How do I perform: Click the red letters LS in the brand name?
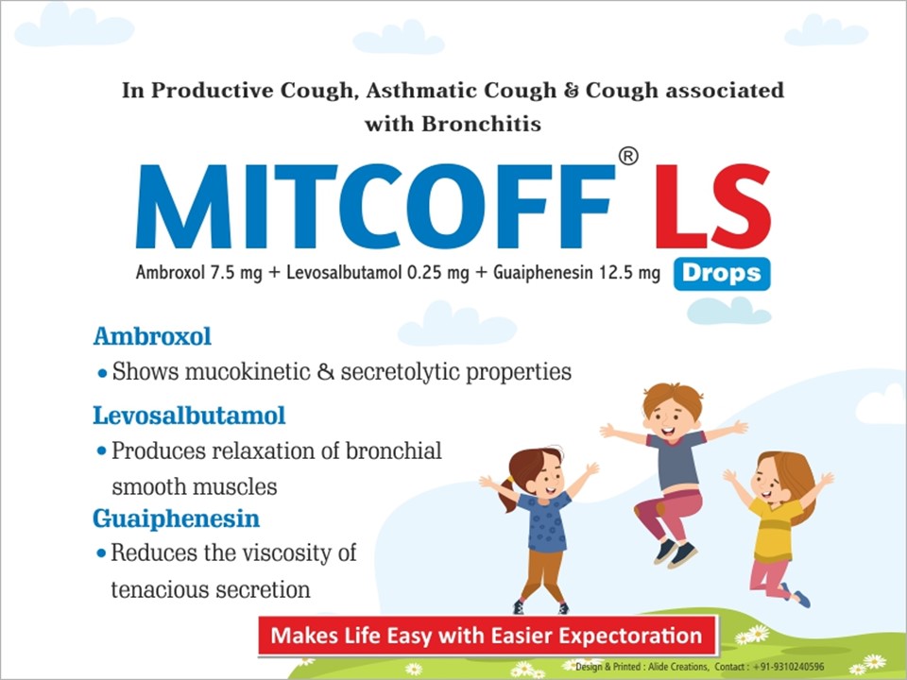(x=713, y=206)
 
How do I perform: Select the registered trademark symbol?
(x=628, y=156)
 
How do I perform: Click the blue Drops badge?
(x=722, y=274)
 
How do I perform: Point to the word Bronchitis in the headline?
(x=481, y=124)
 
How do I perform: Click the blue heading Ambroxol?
(x=152, y=336)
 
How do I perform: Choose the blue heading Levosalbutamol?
(x=189, y=416)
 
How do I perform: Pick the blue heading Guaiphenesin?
(x=176, y=518)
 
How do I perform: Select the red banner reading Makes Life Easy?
(x=488, y=636)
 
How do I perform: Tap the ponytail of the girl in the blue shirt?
(x=506, y=494)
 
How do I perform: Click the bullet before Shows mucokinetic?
(x=102, y=374)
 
